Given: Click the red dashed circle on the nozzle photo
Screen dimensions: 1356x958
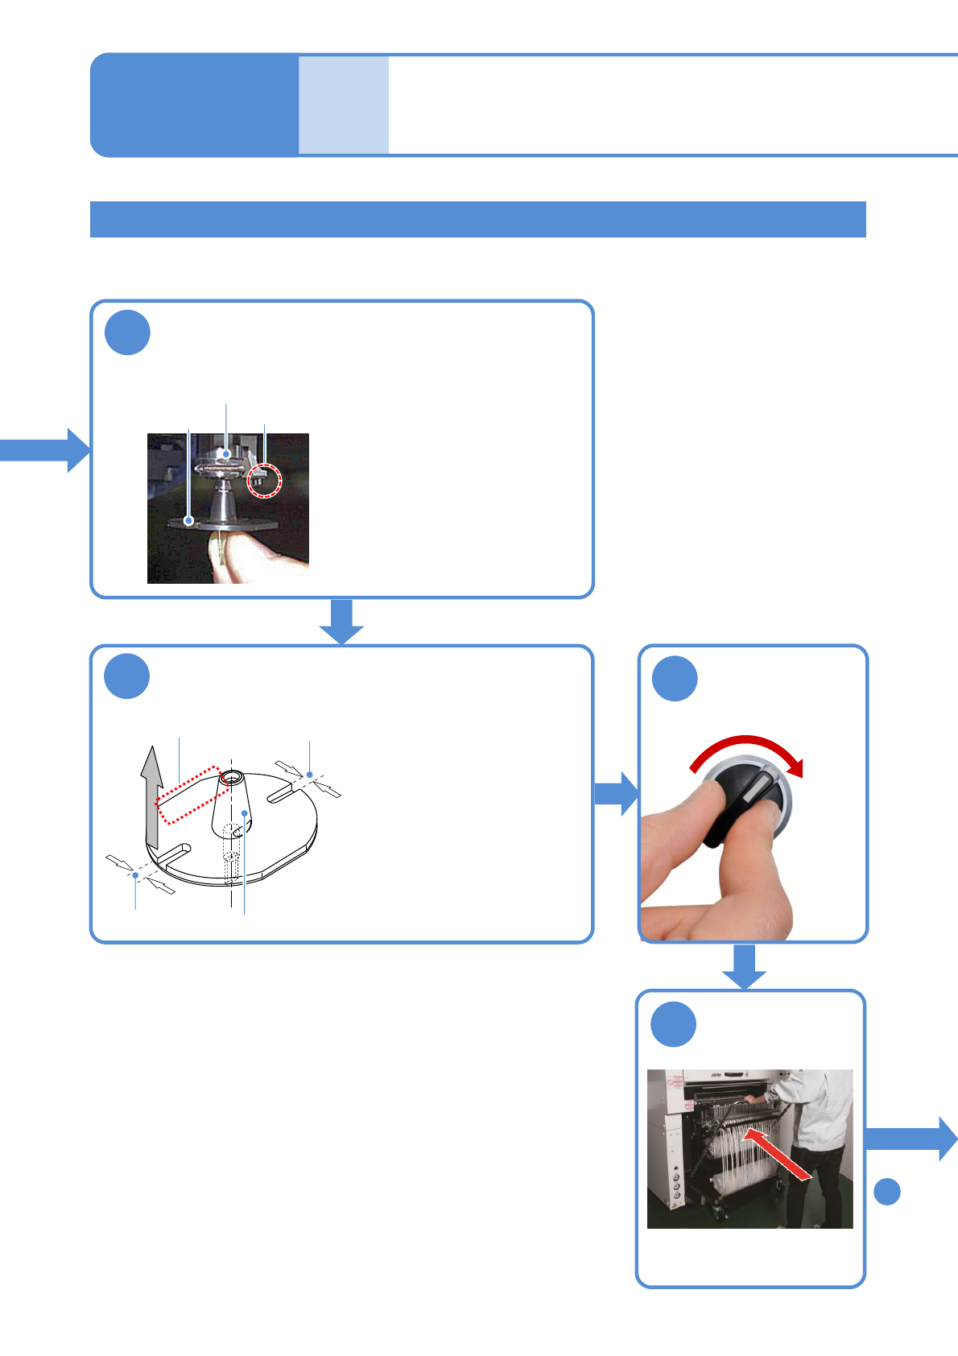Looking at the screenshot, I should [265, 480].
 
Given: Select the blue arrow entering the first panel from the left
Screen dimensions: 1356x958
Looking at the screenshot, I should [44, 449].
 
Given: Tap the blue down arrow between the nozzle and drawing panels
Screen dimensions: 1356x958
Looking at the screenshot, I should [342, 621].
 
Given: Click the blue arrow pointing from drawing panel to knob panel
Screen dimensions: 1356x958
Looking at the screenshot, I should [616, 793].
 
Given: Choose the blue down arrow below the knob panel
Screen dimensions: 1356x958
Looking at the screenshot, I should [744, 965].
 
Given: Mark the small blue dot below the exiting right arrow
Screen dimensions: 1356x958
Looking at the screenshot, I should [887, 1191].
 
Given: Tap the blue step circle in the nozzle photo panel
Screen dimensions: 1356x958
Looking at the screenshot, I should [127, 332].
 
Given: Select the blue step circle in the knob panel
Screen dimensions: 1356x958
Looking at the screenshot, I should [675, 678].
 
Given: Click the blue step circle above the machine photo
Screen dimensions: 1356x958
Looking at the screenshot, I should [673, 1023].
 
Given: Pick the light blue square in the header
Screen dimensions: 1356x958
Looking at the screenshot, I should [344, 105].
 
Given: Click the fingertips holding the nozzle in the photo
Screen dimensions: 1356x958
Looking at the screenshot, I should [242, 556].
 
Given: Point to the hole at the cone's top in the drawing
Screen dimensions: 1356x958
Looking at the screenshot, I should [232, 778].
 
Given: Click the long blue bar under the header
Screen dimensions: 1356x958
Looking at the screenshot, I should [477, 219].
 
